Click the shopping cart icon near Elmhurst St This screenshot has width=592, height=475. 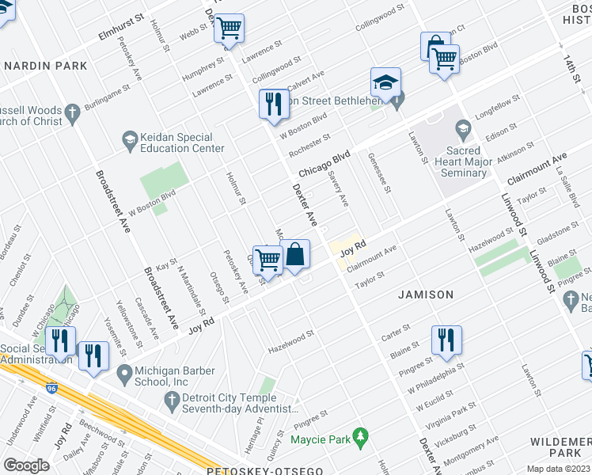coord(229,29)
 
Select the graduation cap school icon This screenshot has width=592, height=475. coord(385,83)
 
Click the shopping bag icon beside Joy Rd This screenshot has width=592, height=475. coord(295,255)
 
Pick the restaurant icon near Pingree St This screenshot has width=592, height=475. coord(446,340)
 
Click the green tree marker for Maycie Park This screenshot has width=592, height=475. coord(360,435)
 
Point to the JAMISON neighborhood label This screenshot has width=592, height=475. coord(426,294)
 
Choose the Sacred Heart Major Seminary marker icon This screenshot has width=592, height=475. coord(461,127)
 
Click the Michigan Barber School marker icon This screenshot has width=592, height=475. coord(123,372)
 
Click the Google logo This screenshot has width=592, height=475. coord(27,465)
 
